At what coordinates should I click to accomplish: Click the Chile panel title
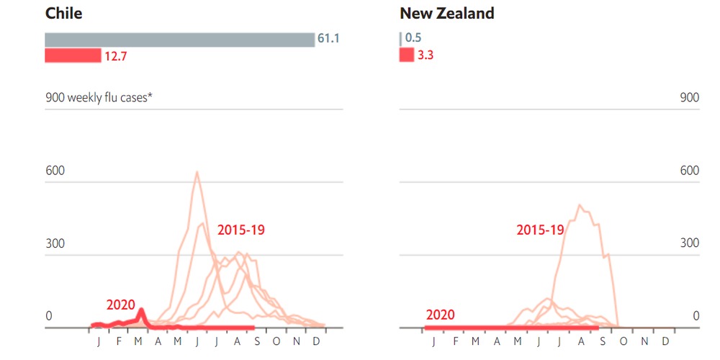coord(63,13)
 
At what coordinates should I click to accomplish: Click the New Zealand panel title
coord(447,13)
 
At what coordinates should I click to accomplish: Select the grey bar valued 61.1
coord(180,40)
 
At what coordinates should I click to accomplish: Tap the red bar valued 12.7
coord(73,55)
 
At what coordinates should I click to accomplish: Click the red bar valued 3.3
coord(407,55)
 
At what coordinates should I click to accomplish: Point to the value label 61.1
coord(328,40)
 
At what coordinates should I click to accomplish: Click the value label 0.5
coord(413,40)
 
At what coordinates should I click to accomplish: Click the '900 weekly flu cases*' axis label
coord(99,98)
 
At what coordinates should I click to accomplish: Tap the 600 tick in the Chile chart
coord(55,171)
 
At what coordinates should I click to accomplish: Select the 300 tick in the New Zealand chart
coord(690,243)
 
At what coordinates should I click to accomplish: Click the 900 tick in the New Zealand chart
coord(690,98)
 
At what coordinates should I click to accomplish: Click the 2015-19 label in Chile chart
coord(241,231)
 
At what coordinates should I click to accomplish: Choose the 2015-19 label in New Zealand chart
coord(541,231)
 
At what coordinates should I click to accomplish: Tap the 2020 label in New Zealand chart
coord(440,315)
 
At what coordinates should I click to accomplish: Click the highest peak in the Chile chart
coord(197,172)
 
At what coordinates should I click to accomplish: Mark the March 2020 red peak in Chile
coord(141,311)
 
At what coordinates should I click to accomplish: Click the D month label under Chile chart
coord(316,341)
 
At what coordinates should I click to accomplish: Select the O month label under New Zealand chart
coord(624,341)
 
